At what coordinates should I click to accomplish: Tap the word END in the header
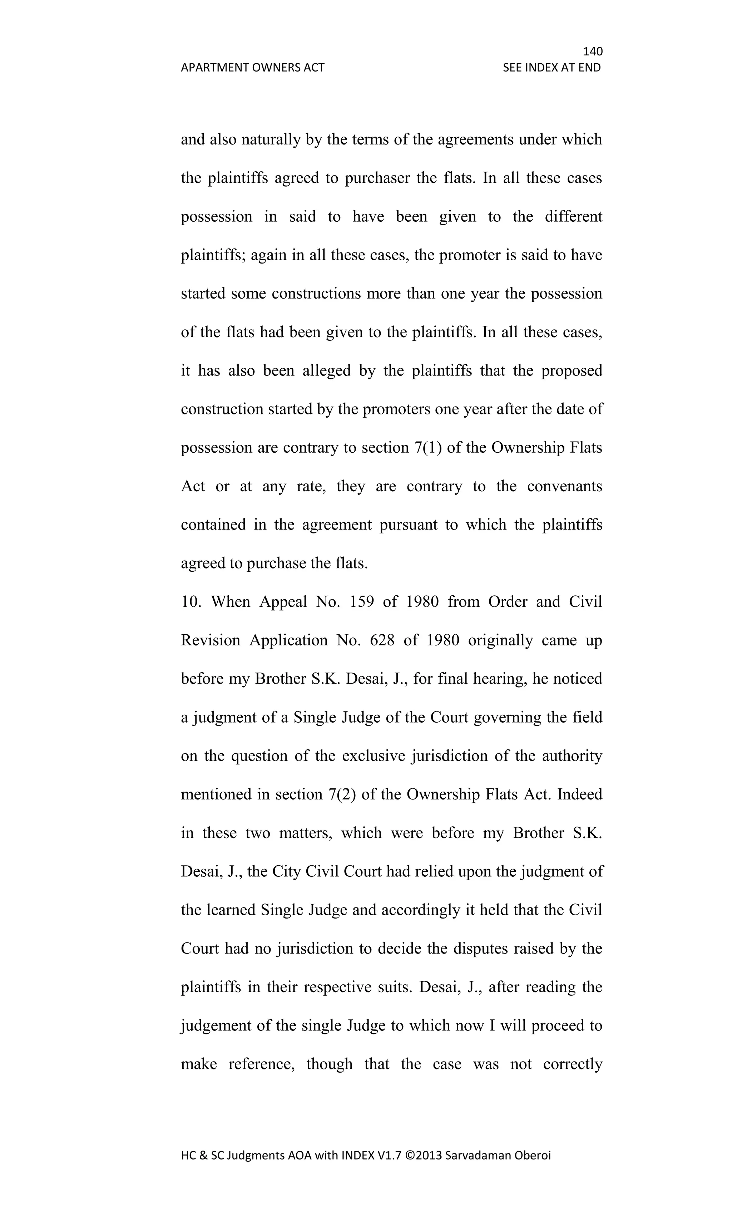[589, 68]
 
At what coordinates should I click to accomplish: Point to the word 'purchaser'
[377, 178]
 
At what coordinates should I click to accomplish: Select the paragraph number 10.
[191, 601]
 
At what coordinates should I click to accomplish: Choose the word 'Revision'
[211, 640]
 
